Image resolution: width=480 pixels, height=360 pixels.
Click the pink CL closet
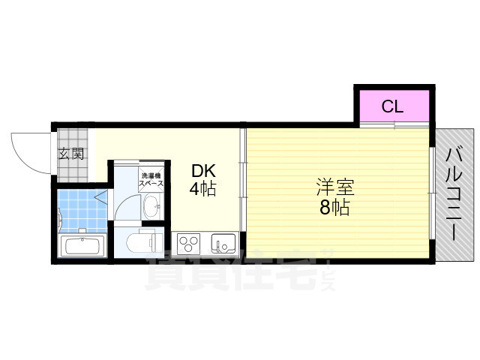(392, 106)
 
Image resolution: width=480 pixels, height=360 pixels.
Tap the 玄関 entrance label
(72, 154)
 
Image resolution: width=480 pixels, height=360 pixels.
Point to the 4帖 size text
(202, 189)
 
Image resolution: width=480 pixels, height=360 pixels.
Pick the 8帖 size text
(334, 208)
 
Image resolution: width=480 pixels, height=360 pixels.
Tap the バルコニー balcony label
(454, 194)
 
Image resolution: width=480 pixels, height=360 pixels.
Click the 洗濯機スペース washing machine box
(150, 180)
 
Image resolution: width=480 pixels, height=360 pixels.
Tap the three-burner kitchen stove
(189, 244)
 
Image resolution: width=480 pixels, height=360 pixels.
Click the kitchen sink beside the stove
(222, 244)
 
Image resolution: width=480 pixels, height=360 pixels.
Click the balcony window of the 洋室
(431, 193)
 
